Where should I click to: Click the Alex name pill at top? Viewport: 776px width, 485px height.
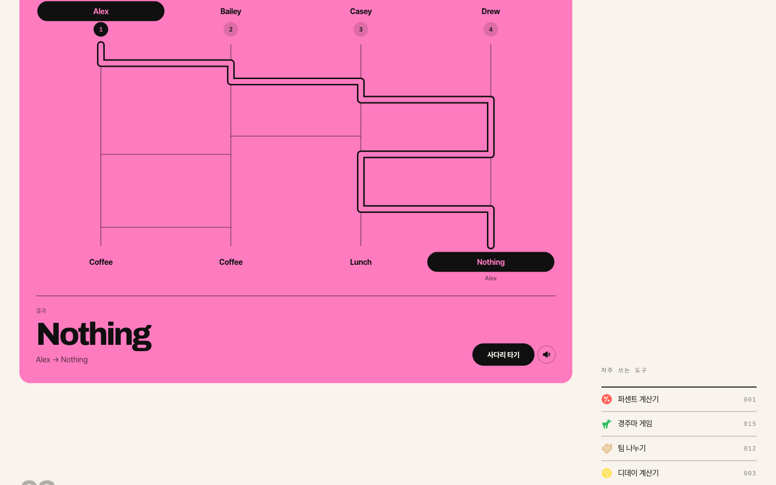101,11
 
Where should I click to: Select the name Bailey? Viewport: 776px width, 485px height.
231,12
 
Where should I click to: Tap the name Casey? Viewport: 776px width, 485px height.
361,12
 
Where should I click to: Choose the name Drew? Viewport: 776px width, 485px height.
490,12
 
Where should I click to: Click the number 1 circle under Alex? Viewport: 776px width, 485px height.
101,30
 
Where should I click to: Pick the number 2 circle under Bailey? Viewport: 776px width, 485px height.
231,30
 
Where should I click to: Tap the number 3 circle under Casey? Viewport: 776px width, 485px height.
361,30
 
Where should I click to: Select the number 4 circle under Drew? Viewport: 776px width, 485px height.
490,30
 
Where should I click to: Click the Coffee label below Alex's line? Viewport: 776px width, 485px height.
101,262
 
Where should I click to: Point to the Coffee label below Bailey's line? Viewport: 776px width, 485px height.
231,262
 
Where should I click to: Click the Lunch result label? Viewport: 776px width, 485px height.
361,262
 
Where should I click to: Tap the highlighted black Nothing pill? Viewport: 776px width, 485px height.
490,262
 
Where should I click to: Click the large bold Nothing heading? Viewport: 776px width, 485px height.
94,335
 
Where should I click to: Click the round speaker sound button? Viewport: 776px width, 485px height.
547,355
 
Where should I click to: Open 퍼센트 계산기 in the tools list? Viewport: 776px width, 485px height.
638,399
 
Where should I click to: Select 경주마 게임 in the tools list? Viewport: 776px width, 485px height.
635,424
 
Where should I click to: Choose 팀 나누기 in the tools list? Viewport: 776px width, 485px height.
632,448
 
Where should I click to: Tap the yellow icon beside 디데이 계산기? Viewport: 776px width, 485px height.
607,473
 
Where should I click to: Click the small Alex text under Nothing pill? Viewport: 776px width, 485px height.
490,278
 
